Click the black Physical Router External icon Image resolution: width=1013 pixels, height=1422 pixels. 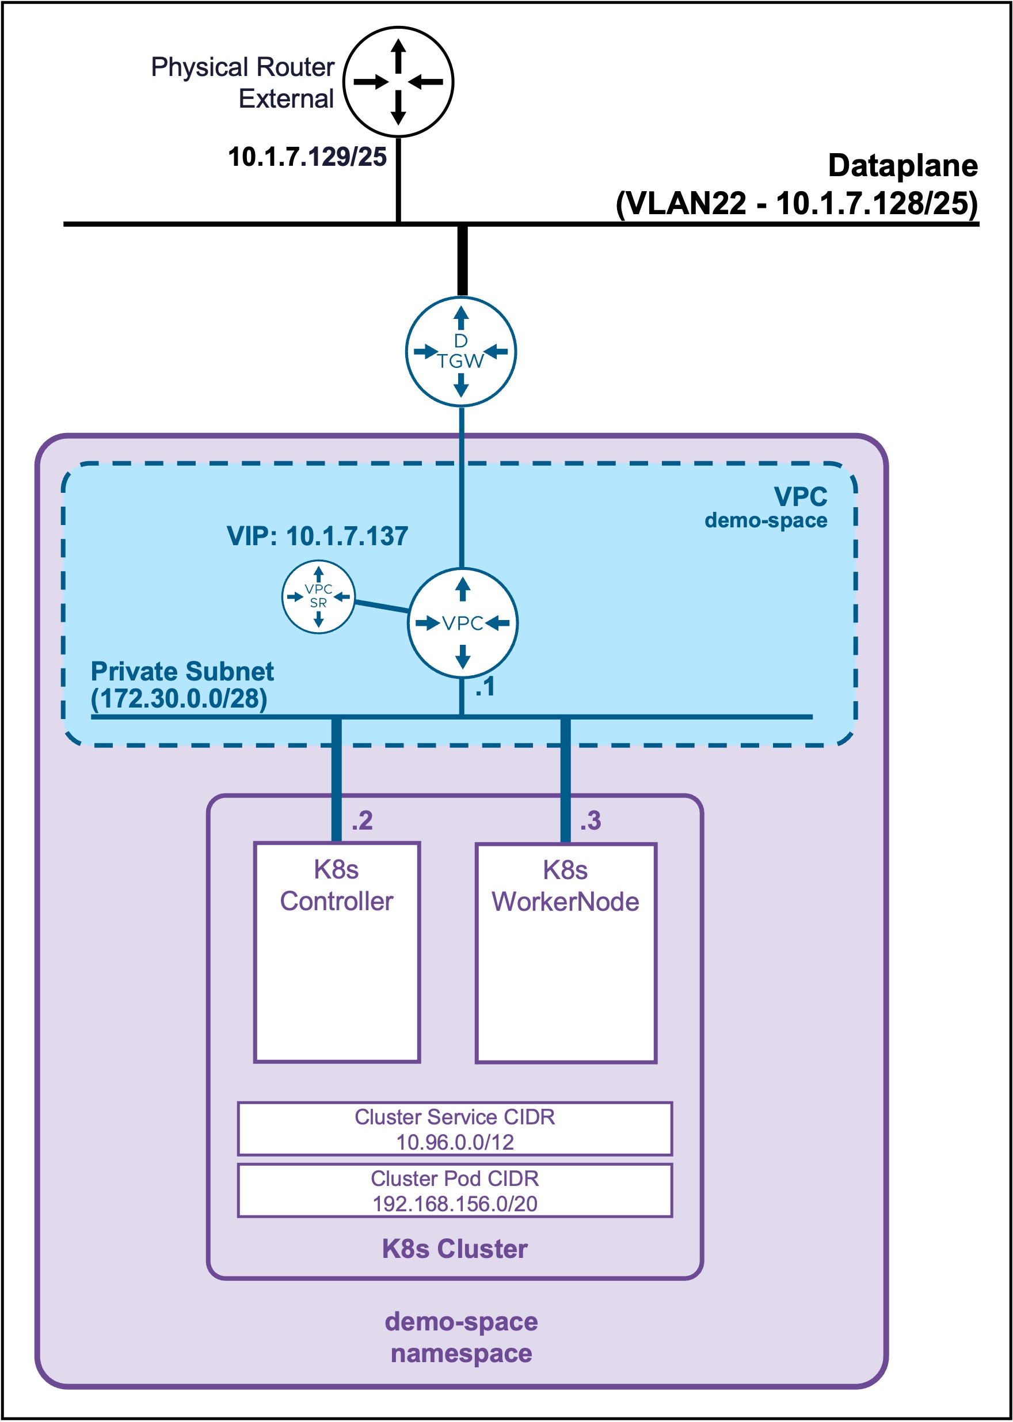pyautogui.click(x=399, y=82)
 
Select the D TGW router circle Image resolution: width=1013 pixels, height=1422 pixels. pyautogui.click(x=461, y=351)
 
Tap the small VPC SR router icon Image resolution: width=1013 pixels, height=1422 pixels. pyautogui.click(x=318, y=596)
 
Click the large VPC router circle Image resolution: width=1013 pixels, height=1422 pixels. pyautogui.click(x=462, y=622)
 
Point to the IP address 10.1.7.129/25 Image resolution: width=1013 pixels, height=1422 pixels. pyautogui.click(x=307, y=157)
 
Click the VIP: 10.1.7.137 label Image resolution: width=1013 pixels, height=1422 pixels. pyautogui.click(x=317, y=536)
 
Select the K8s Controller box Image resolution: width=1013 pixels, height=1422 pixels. pyautogui.click(x=337, y=952)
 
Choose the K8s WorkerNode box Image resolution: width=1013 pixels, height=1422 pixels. pyautogui.click(x=566, y=953)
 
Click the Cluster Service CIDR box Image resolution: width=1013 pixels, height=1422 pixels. pyautogui.click(x=455, y=1129)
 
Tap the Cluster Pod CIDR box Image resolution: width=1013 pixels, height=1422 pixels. pyautogui.click(x=455, y=1191)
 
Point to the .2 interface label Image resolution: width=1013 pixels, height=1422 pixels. pyautogui.click(x=362, y=820)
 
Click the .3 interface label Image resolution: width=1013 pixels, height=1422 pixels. pyautogui.click(x=590, y=820)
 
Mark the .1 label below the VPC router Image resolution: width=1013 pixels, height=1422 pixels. pyautogui.click(x=485, y=686)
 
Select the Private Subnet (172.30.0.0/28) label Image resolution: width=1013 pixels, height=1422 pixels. pyautogui.click(x=182, y=685)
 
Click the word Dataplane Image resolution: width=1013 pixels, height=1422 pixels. pyautogui.click(x=902, y=165)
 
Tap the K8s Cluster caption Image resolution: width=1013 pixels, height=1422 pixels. pyautogui.click(x=455, y=1249)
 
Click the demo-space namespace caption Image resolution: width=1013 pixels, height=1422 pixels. pyautogui.click(x=461, y=1338)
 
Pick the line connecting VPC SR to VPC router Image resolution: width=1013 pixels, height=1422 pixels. pyautogui.click(x=382, y=606)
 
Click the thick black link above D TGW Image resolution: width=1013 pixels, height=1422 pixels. pyautogui.click(x=462, y=260)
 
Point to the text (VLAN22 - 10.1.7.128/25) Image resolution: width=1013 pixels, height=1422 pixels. pyautogui.click(x=797, y=203)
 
